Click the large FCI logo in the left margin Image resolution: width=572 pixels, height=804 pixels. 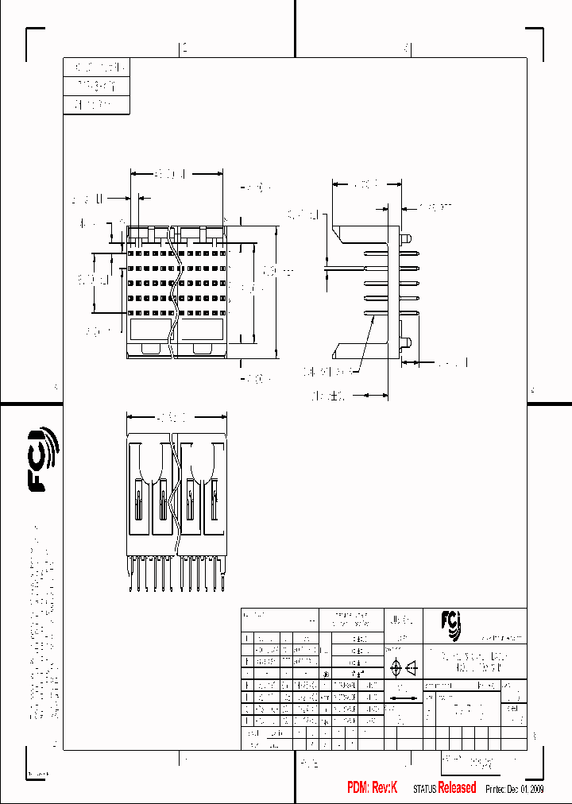44,459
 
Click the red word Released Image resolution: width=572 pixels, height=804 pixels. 457,787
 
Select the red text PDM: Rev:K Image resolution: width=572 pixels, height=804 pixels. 372,787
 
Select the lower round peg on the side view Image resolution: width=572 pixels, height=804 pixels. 406,343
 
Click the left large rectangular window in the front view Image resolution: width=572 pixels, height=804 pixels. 149,330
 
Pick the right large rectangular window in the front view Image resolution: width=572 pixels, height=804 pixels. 203,330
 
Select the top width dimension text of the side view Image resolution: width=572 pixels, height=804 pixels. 364,184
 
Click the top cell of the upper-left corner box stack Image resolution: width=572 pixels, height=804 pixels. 95,67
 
